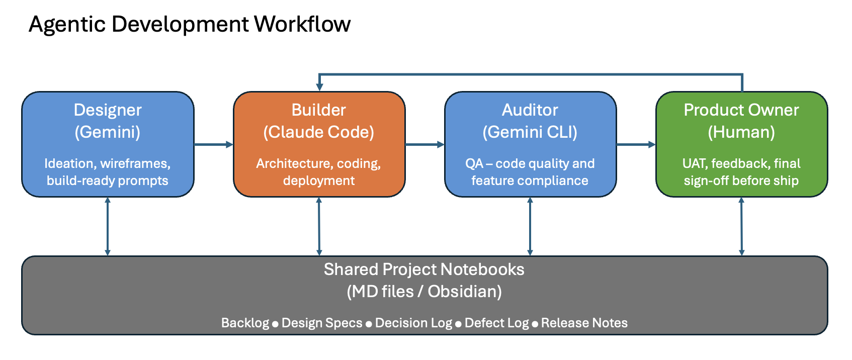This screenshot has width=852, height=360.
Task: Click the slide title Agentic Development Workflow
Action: [x=190, y=24]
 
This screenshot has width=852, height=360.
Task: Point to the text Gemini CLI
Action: [x=530, y=132]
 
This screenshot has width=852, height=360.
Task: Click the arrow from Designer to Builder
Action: [x=213, y=145]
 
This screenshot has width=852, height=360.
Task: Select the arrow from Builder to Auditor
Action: [x=424, y=145]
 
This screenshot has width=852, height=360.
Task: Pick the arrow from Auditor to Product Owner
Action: [x=636, y=145]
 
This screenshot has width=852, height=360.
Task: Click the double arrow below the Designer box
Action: [x=108, y=226]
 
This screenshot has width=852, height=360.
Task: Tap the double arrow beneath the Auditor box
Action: [x=530, y=226]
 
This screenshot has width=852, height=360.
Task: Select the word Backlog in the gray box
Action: [x=245, y=323]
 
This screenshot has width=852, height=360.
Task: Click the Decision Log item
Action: [x=413, y=323]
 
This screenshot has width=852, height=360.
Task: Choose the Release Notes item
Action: [x=584, y=323]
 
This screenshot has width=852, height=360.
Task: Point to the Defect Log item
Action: [x=496, y=323]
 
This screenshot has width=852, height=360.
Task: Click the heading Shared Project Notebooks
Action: [x=424, y=269]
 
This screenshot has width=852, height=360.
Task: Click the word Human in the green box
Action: [x=741, y=132]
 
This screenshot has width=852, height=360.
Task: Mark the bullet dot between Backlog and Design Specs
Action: [x=275, y=324]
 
